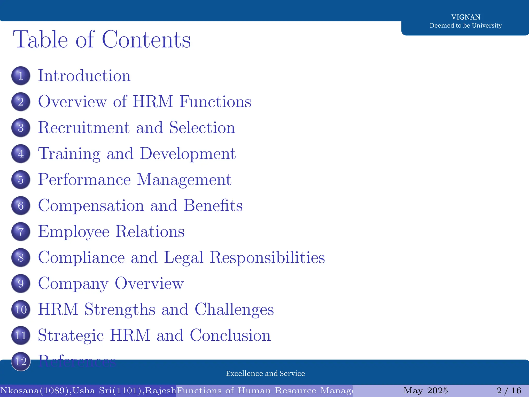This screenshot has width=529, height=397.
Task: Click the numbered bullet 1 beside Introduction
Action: pos(21,76)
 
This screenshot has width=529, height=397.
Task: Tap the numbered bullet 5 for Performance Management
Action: pos(21,180)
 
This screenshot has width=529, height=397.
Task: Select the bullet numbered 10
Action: pos(21,309)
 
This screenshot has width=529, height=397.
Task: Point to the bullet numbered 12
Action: pos(21,361)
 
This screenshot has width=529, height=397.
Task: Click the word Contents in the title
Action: pos(146,40)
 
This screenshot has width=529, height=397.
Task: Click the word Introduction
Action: pos(84,76)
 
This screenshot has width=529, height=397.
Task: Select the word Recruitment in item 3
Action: pos(84,128)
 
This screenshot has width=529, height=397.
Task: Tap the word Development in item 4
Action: pos(188,154)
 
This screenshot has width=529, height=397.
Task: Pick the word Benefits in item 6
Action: pos(213,206)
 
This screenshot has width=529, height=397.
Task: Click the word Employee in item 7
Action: pos(74,232)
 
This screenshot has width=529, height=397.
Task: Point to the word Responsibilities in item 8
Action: pos(267,258)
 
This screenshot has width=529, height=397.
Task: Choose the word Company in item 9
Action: pos(73,284)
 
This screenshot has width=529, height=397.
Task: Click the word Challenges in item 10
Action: pos(234,309)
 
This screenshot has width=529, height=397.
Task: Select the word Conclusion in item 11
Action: pos(230,335)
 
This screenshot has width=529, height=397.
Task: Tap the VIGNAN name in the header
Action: pos(466,17)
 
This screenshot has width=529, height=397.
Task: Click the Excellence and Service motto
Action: pos(265,373)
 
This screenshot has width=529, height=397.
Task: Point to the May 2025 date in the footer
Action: pos(425,390)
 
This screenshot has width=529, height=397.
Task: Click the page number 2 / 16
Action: pos(509,390)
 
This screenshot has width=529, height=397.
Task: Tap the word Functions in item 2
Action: pos(215,102)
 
